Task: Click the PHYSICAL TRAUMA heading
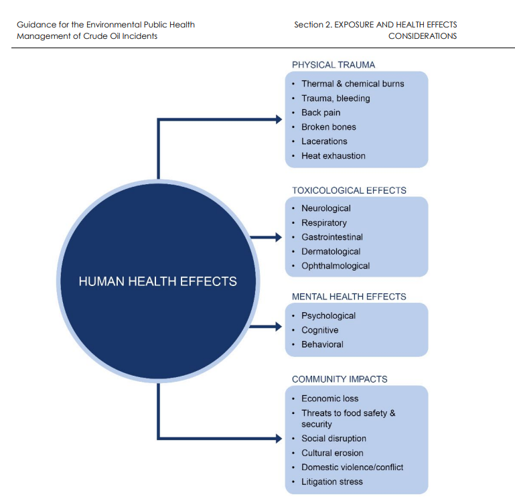(334, 65)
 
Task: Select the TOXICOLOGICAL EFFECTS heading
(349, 190)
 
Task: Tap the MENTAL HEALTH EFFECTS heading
(349, 297)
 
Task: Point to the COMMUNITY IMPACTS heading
(340, 379)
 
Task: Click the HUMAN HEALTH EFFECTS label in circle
(158, 281)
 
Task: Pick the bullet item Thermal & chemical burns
(353, 84)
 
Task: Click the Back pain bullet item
(321, 113)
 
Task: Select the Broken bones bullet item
(329, 127)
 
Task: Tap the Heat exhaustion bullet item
(334, 155)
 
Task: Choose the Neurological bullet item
(326, 208)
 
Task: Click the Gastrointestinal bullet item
(332, 237)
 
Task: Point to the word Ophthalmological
(336, 266)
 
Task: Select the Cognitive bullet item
(320, 330)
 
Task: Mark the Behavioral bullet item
(322, 344)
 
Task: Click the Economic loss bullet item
(330, 399)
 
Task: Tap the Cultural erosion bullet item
(332, 453)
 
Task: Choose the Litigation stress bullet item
(332, 482)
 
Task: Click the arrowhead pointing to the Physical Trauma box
(277, 119)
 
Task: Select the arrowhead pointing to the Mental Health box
(277, 327)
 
